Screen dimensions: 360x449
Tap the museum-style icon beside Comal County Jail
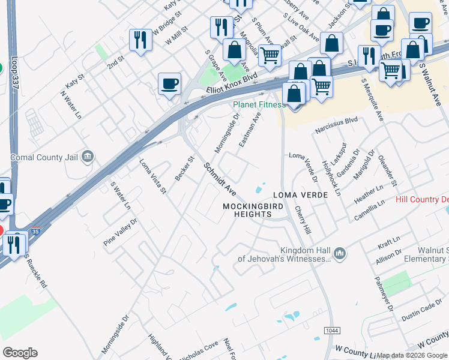(88, 157)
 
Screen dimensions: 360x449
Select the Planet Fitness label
(259, 104)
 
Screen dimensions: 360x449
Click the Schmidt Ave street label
(219, 178)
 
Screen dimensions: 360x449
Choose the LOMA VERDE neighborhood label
(300, 195)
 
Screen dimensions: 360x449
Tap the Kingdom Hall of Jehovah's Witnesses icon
(340, 254)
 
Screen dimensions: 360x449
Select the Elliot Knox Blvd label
(232, 83)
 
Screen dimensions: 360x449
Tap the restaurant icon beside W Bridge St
(140, 40)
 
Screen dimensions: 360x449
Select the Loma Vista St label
(153, 176)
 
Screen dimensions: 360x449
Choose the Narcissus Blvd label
(336, 125)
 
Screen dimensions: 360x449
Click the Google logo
(20, 352)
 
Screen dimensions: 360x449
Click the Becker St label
(185, 169)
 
